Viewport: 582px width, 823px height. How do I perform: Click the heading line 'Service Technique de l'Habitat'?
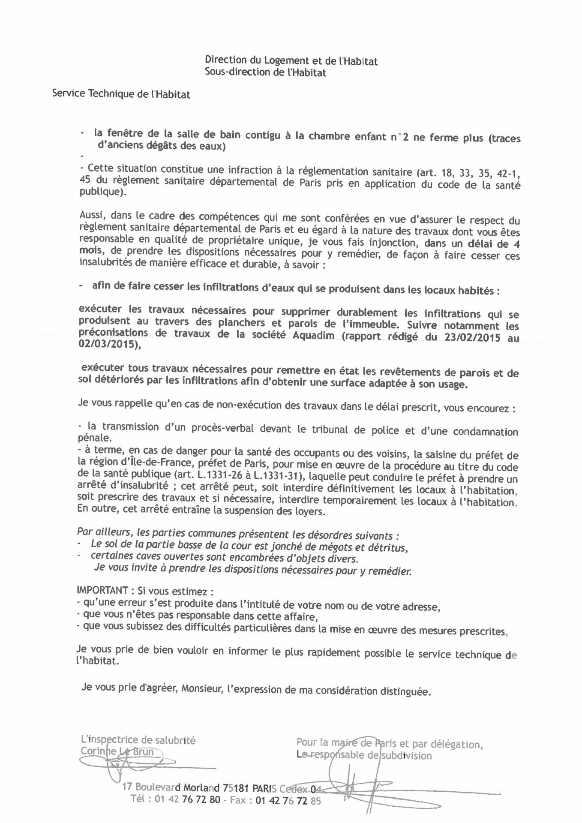[121, 94]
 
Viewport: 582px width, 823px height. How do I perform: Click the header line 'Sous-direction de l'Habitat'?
[265, 72]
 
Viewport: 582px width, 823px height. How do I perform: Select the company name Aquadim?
[313, 335]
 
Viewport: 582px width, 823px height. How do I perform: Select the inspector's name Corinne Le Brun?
[117, 751]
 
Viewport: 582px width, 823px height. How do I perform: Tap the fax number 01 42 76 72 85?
[288, 800]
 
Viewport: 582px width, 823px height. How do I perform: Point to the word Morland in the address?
[201, 787]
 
